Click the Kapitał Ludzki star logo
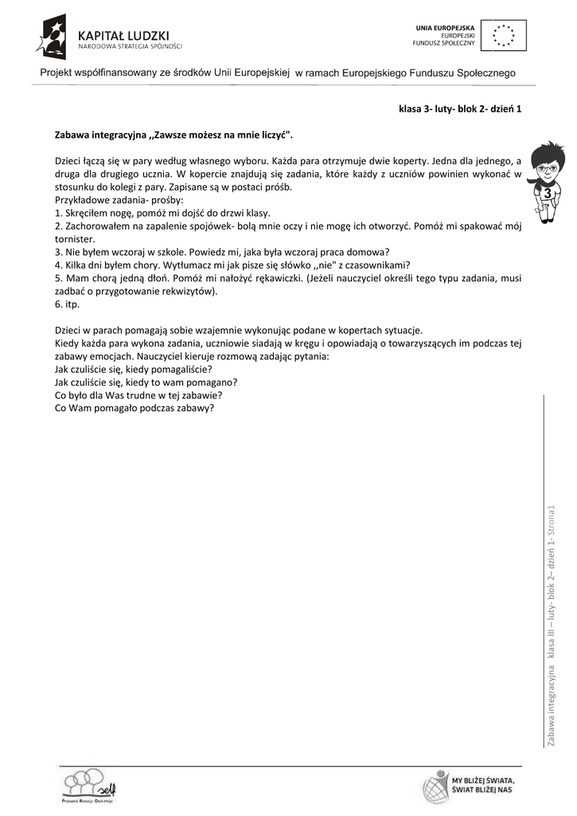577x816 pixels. pyautogui.click(x=55, y=36)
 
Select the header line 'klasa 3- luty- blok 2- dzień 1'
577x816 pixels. pyautogui.click(x=460, y=111)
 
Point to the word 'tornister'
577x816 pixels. pyautogui.click(x=75, y=239)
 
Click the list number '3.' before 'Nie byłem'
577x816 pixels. pyautogui.click(x=60, y=252)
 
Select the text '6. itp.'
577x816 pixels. pyautogui.click(x=68, y=304)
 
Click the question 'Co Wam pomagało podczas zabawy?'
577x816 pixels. pyautogui.click(x=135, y=408)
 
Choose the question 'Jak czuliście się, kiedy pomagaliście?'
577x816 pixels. pyautogui.click(x=133, y=369)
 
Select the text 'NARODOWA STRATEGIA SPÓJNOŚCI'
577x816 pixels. pyautogui.click(x=130, y=46)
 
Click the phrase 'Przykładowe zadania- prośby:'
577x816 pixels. pyautogui.click(x=119, y=200)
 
